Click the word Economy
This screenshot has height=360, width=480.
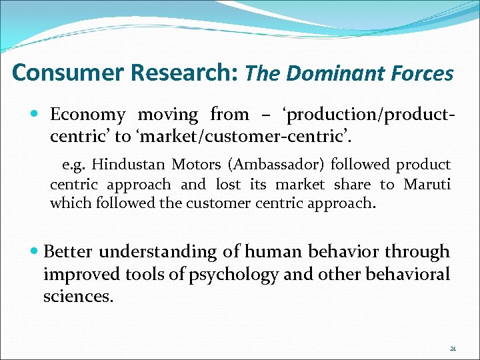[87, 115]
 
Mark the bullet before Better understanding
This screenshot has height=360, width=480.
[35, 251]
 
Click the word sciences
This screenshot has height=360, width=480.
[78, 296]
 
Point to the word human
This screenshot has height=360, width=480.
[271, 252]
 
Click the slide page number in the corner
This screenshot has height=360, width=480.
[453, 348]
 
